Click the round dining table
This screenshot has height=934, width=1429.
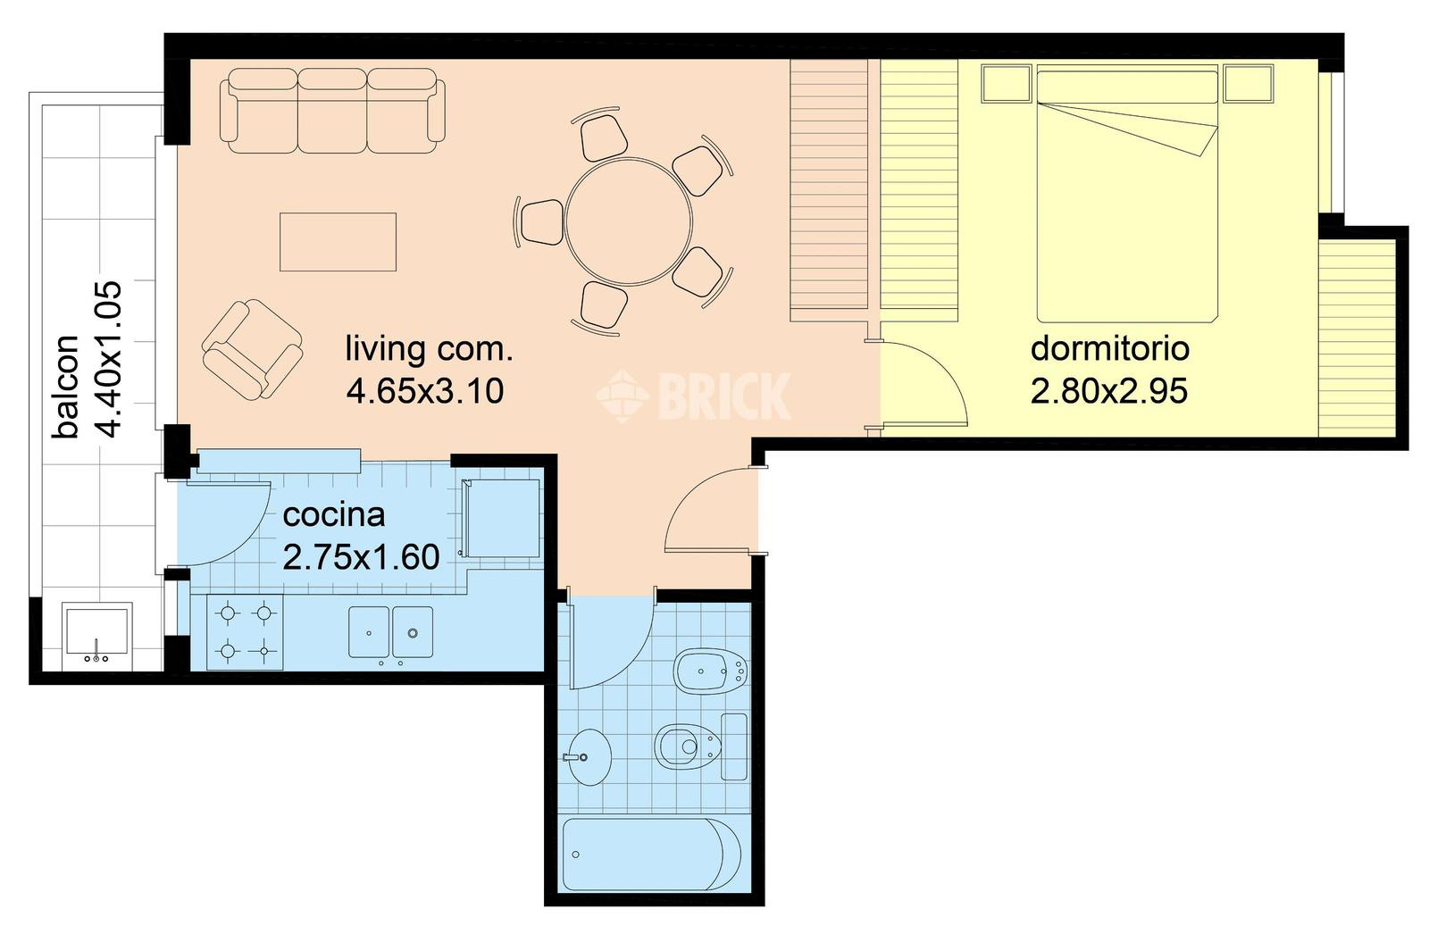click(629, 221)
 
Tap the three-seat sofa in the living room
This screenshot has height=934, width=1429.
click(332, 111)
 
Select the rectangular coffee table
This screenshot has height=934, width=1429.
click(338, 242)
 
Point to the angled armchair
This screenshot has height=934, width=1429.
click(252, 350)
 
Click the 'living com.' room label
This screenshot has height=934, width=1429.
click(429, 349)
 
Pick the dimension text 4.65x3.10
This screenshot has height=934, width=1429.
click(425, 391)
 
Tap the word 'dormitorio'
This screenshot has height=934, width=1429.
click(1109, 349)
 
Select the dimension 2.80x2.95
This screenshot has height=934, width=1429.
click(1109, 391)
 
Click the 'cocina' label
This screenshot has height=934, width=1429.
click(334, 515)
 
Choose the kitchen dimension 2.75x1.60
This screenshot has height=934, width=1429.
click(361, 557)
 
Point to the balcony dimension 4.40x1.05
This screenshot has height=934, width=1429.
click(107, 359)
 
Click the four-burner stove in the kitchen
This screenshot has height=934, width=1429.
click(246, 631)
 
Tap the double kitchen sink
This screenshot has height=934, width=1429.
click(390, 632)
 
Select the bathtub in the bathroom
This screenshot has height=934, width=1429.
click(652, 855)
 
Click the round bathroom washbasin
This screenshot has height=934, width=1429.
click(589, 756)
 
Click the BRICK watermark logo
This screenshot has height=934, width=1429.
click(694, 396)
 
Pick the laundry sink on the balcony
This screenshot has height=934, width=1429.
click(97, 636)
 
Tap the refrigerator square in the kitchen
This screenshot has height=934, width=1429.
click(501, 518)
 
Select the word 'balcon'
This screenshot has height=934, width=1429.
click(66, 387)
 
